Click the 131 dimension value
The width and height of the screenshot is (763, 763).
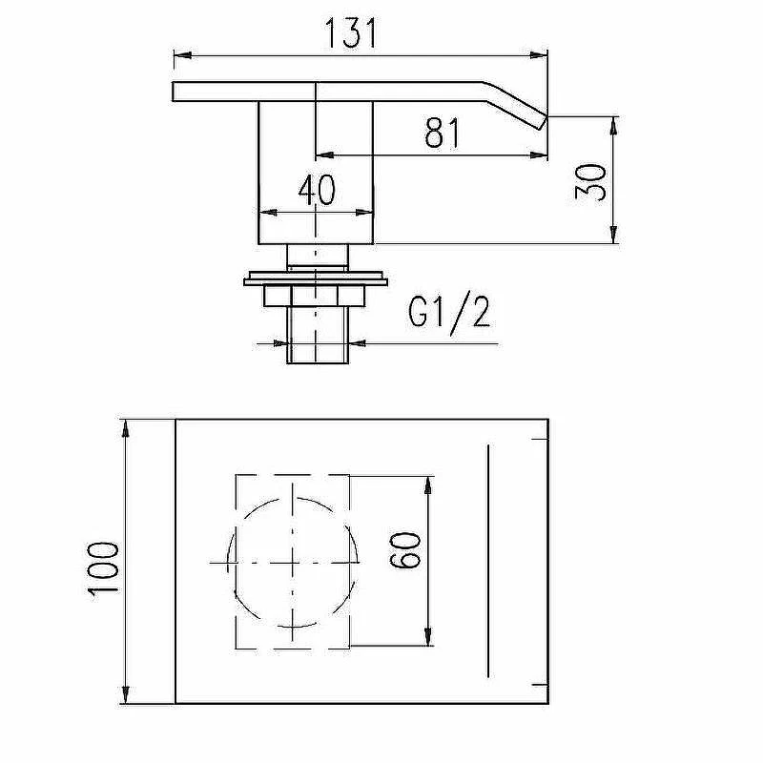click(350, 33)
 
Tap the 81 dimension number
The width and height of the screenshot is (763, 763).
click(442, 133)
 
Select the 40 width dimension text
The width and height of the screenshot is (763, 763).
click(317, 190)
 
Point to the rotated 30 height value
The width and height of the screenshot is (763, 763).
click(590, 182)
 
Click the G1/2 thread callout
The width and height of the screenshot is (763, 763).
click(449, 313)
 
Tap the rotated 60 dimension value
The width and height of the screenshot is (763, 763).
click(404, 550)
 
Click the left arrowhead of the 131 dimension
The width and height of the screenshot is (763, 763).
click(182, 55)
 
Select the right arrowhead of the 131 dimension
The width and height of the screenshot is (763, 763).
click(539, 55)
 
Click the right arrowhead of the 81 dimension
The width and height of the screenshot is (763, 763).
click(539, 155)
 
